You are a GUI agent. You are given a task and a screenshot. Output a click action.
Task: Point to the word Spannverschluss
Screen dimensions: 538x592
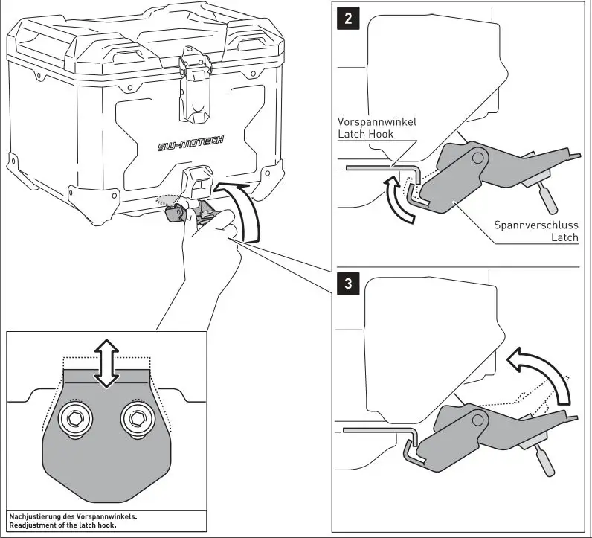[535, 224]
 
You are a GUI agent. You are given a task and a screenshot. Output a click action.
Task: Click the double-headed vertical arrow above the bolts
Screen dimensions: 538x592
[107, 363]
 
